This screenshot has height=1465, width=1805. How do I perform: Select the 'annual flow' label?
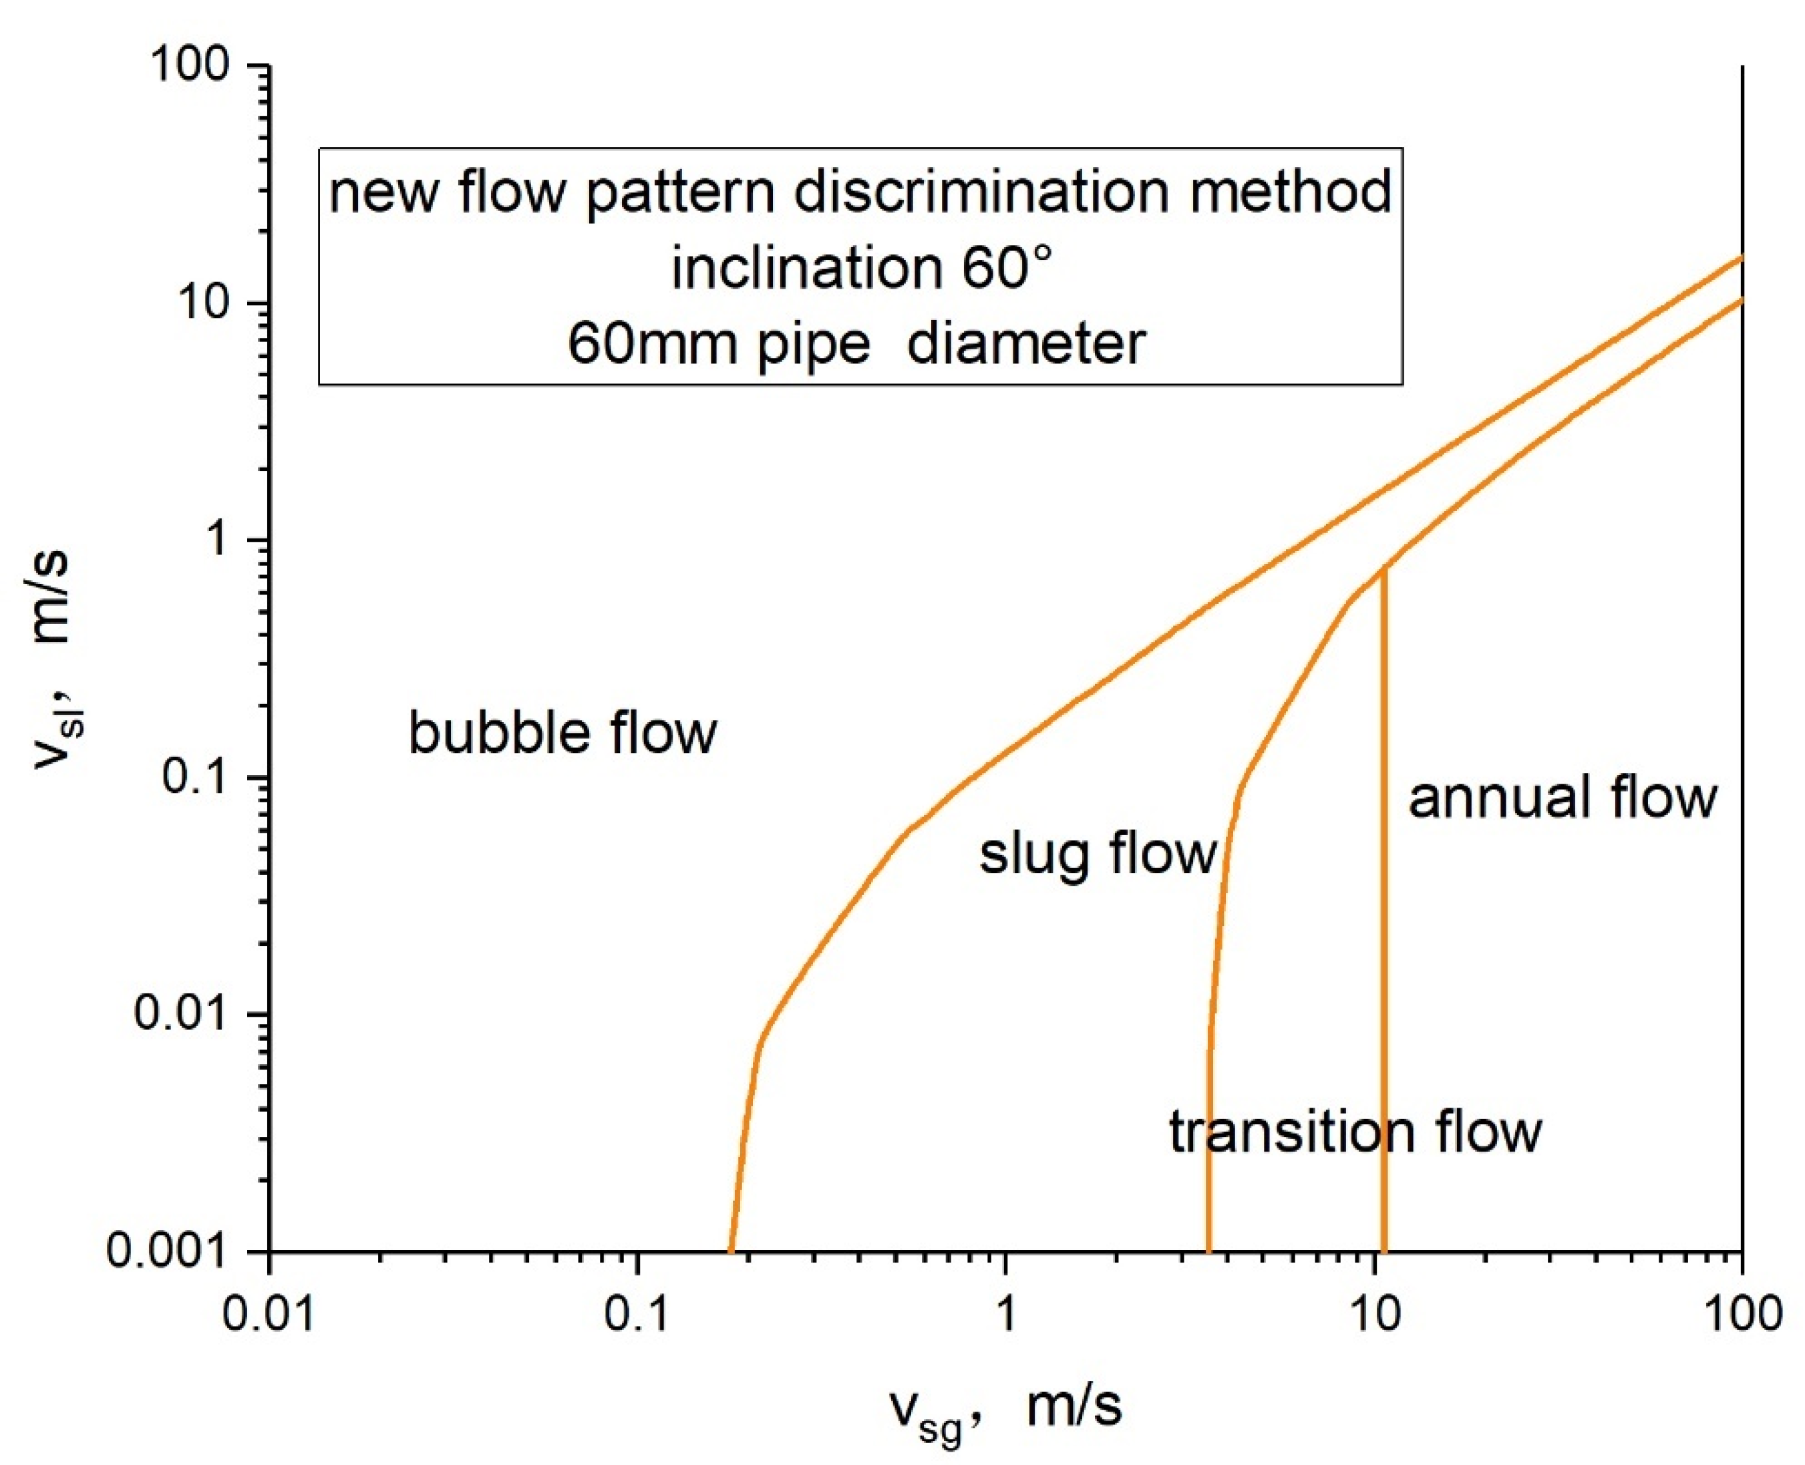1562,798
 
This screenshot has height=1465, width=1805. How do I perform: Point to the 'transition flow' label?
1355,1132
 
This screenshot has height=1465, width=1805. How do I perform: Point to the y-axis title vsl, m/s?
52,658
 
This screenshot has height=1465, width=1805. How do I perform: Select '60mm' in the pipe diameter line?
654,344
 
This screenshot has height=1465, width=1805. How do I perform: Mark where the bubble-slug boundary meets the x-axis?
731,1251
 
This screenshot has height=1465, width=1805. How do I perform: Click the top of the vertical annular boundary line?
1384,571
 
